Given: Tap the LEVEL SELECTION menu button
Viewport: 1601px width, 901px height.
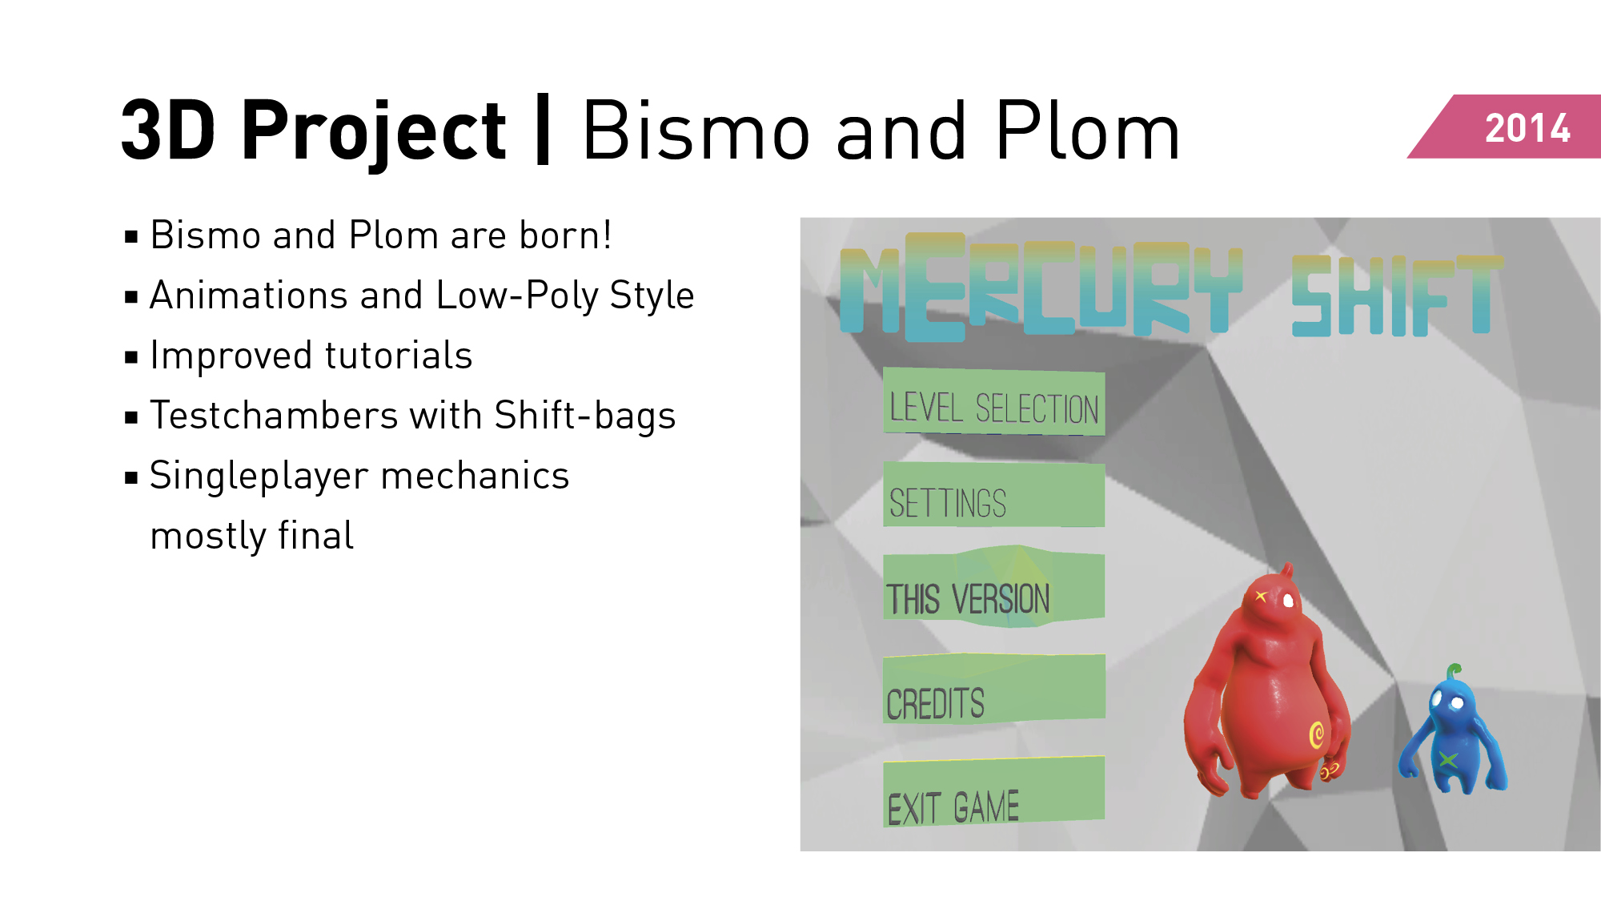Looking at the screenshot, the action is pos(994,402).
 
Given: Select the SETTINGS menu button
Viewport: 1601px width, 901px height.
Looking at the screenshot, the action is pos(994,494).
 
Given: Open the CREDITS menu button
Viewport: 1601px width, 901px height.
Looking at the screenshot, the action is pos(994,689).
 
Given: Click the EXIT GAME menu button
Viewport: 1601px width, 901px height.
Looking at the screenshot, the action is pos(994,792).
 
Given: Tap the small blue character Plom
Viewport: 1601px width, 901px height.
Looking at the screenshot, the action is pos(1452,733).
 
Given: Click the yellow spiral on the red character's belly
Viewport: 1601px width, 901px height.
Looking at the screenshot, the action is pos(1317,734).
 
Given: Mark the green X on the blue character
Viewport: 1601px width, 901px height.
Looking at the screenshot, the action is pos(1447,759).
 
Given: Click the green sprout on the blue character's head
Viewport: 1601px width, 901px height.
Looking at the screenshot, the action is pos(1454,672).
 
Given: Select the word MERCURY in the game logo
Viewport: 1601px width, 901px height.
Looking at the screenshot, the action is pos(1041,287).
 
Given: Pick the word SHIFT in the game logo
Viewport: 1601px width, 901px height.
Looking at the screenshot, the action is pos(1397,296).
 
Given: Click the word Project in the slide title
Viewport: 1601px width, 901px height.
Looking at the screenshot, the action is pos(373,131).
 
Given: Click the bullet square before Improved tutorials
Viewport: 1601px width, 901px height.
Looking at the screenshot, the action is pos(131,357).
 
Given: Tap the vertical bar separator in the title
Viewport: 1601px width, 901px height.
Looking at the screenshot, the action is pos(543,129).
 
